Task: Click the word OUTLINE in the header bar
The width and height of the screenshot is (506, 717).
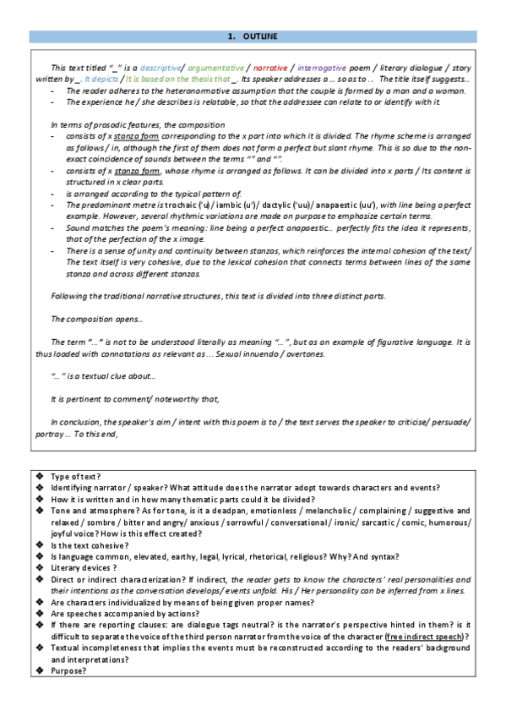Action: pyautogui.click(x=259, y=36)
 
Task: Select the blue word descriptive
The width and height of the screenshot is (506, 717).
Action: pyautogui.click(x=161, y=68)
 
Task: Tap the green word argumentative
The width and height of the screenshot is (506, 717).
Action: pyautogui.click(x=216, y=68)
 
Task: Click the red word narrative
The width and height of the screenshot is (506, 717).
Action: pyautogui.click(x=270, y=68)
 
